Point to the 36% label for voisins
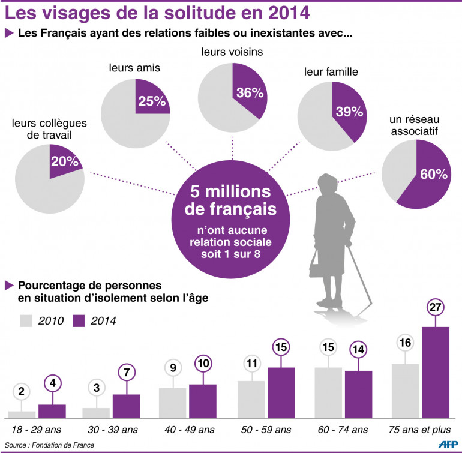pos(249,93)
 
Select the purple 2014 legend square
pos(78,320)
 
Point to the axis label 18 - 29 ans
pos(35,430)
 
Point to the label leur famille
pos(332,72)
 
